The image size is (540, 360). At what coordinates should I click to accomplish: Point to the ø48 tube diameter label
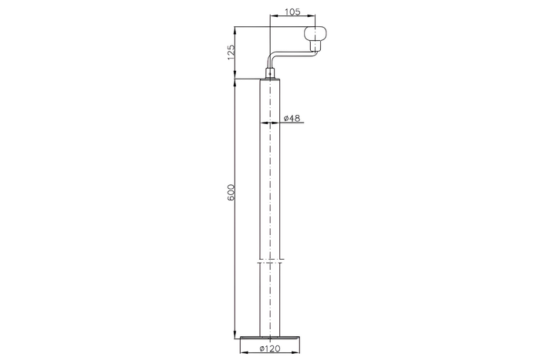292,118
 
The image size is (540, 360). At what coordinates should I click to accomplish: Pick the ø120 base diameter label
270,349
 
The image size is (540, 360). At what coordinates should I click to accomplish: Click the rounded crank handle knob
317,34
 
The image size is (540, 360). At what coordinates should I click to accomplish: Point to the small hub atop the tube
270,75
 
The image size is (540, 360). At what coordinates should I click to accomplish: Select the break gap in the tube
270,259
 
